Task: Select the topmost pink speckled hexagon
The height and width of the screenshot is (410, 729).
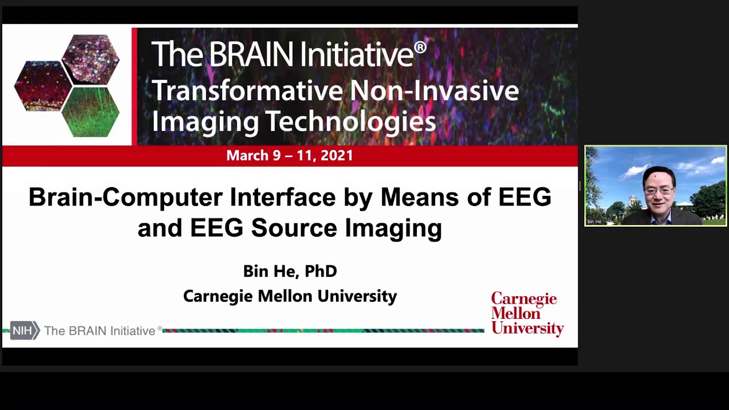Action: click(x=91, y=59)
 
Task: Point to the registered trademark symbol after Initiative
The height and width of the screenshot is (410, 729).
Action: click(x=420, y=47)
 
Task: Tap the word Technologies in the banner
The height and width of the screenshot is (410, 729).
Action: click(x=351, y=121)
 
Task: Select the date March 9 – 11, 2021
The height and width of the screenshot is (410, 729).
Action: click(x=289, y=155)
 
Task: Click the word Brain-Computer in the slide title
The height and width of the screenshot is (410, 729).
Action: click(x=126, y=198)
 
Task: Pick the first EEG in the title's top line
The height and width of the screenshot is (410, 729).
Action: click(x=525, y=198)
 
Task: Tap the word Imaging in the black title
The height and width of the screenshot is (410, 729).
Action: click(x=393, y=228)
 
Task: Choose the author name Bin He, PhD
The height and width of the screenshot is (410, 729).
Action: click(x=290, y=271)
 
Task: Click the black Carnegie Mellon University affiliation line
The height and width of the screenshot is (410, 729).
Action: click(x=290, y=296)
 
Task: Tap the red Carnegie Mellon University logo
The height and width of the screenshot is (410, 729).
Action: click(x=527, y=313)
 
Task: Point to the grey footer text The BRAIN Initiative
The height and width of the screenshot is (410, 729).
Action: click(x=100, y=331)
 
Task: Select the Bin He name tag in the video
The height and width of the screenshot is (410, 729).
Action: click(x=594, y=222)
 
